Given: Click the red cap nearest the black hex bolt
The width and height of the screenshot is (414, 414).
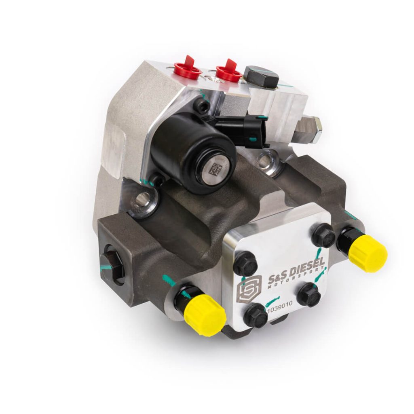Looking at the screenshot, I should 229,71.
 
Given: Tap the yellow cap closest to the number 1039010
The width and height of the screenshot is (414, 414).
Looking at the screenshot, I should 204,313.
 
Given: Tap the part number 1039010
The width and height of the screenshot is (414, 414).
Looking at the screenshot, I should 281,309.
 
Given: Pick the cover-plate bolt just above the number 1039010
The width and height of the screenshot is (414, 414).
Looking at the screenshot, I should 256,315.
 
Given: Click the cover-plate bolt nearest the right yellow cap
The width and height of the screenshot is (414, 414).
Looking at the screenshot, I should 323,236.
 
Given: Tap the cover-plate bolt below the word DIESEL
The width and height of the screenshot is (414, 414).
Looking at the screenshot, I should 309,294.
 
